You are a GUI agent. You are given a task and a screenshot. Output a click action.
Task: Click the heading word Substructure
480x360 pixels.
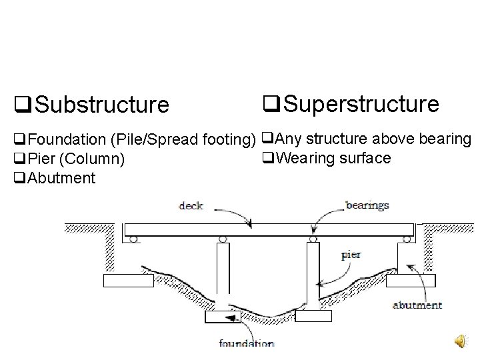coord(101,105)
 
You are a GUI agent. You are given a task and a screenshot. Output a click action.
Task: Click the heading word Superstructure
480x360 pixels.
coord(359,103)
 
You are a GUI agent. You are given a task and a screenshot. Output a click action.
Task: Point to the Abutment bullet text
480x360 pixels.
coord(63,178)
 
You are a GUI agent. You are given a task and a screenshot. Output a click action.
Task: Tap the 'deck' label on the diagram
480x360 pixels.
coord(191,205)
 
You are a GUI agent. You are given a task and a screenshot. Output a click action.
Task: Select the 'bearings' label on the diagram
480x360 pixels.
coord(367,205)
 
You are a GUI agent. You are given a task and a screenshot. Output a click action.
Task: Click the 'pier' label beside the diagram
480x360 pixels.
coord(351,254)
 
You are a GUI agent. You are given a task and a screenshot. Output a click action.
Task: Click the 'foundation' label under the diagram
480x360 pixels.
coord(247,344)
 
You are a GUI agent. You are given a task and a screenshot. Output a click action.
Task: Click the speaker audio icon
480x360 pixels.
coord(462,342)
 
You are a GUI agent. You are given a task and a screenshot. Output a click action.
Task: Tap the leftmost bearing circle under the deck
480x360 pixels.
coord(134,239)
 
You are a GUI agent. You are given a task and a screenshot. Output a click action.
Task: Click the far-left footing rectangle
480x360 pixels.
coord(128,281)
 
